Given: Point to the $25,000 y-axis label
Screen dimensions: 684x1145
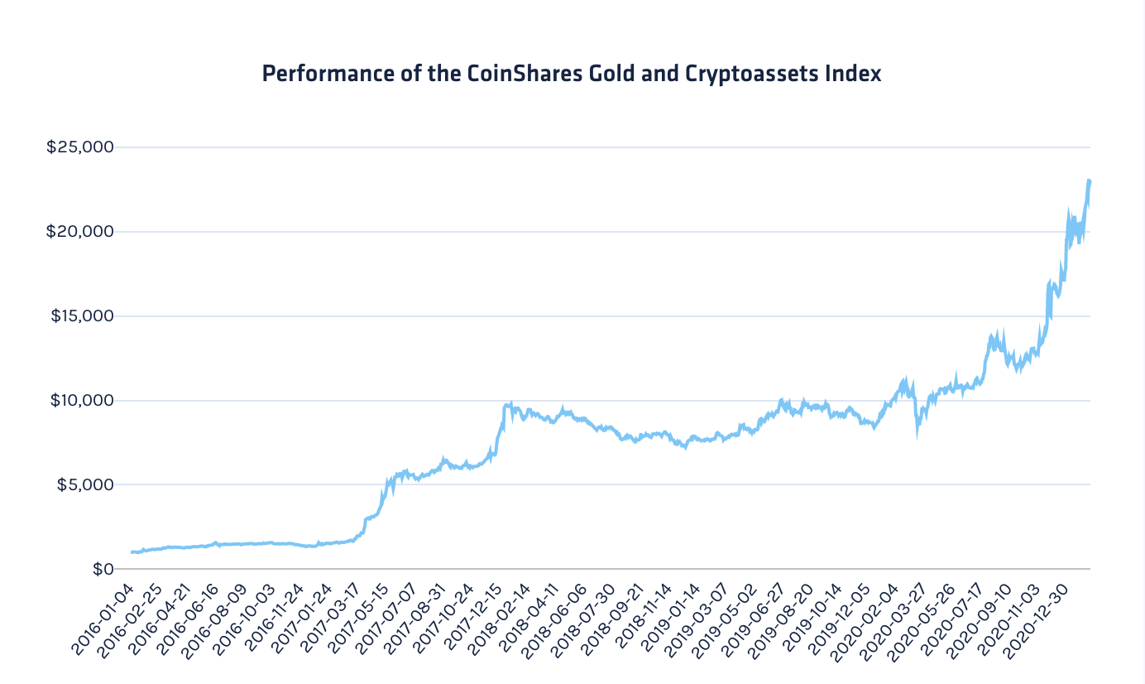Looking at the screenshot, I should (x=79, y=147).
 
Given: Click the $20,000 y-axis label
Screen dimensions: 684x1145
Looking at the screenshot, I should (x=79, y=231).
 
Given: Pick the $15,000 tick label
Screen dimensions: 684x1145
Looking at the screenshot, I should (x=79, y=316).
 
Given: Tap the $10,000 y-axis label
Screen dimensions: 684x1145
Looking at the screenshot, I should (x=79, y=400).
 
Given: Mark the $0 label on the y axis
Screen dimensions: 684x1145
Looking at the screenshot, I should (x=102, y=569).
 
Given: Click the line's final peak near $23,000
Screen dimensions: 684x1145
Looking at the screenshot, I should (x=1089, y=180).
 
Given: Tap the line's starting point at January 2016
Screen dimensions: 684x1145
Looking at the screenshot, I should (x=132, y=552).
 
